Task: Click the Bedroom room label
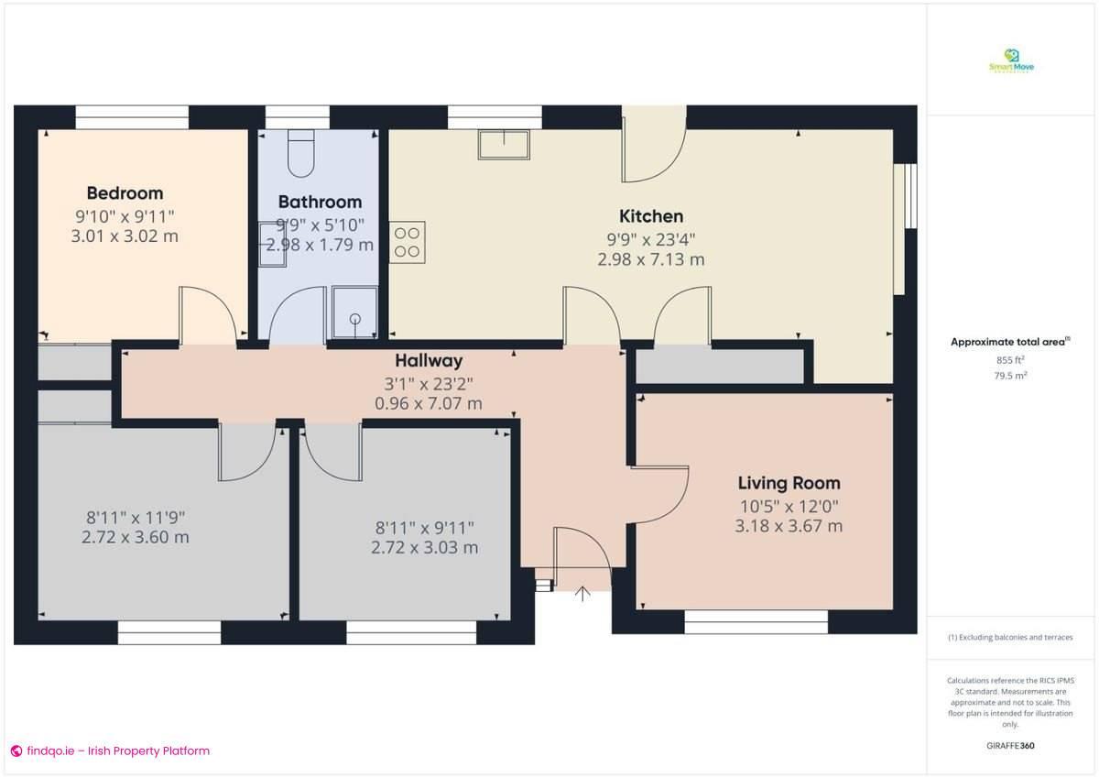point(125,193)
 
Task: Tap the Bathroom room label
point(320,202)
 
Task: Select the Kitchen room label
point(651,216)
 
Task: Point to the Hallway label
point(429,361)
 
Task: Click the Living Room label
point(789,483)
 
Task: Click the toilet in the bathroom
point(300,154)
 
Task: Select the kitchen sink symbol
point(503,145)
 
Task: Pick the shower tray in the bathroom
point(354,312)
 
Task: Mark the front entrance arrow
point(582,594)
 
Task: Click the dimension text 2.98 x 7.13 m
point(651,259)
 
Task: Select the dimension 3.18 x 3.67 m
point(789,526)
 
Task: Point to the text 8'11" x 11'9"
point(136,517)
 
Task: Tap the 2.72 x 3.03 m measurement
point(424,547)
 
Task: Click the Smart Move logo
point(1012,61)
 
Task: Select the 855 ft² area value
point(1011,360)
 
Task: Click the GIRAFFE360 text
point(1011,746)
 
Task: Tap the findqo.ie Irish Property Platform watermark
point(110,751)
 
